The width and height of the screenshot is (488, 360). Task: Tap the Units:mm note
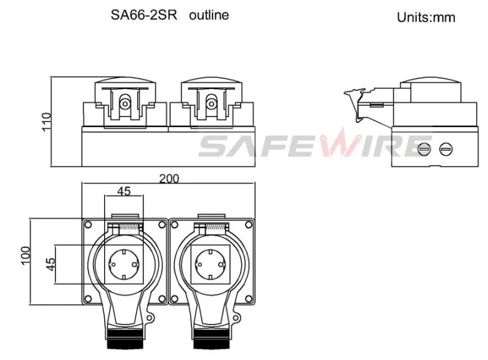tap(426, 17)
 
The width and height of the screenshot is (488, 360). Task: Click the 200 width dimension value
tap(168, 179)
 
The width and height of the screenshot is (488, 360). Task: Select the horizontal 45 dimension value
tap(124, 191)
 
